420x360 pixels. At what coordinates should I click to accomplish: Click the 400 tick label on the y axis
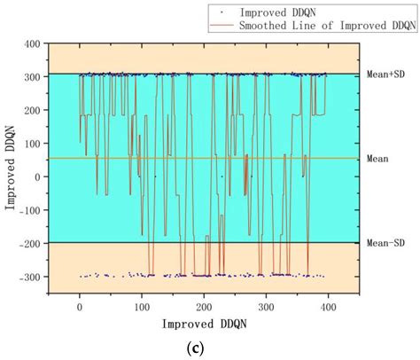[36, 43]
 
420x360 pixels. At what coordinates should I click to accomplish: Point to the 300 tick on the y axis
[36, 76]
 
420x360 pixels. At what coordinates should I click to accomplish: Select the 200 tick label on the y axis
[36, 109]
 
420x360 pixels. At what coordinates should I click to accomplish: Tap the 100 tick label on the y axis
[36, 143]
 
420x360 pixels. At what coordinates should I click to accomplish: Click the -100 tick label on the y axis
[34, 209]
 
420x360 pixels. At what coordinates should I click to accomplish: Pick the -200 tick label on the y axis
[34, 243]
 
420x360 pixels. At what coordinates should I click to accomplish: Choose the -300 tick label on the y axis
[34, 276]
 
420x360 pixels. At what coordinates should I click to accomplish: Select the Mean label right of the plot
[376, 159]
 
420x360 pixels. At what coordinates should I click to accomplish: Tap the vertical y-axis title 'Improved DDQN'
[12, 160]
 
